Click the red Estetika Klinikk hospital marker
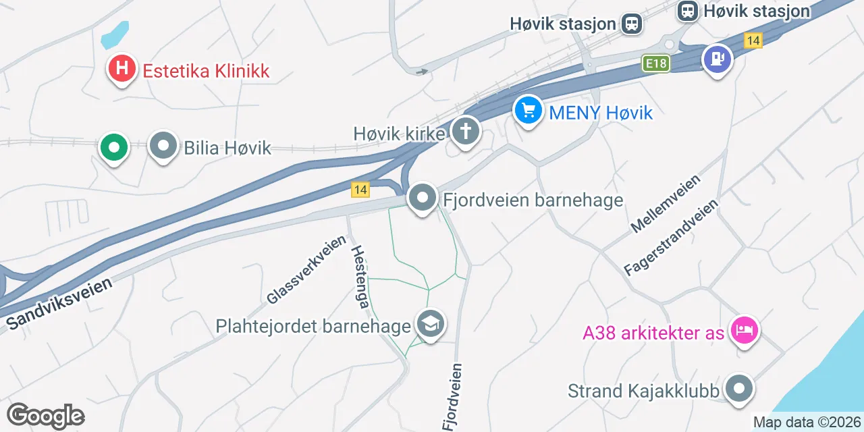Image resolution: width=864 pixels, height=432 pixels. [x=122, y=69]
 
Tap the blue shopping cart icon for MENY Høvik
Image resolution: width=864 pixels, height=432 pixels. [x=528, y=110]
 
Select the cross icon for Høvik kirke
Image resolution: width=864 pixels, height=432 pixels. [x=465, y=131]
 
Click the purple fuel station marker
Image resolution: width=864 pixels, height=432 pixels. [x=717, y=59]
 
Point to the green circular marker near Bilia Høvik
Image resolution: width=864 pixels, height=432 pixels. [x=114, y=146]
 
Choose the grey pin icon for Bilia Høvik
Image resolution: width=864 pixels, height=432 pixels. [x=163, y=146]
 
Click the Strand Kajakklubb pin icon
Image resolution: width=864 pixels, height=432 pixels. [x=739, y=389]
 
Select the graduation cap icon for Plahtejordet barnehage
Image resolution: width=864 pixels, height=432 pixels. [x=430, y=324]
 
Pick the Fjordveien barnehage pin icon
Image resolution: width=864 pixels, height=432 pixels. [x=423, y=198]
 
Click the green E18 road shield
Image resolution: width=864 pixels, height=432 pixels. [x=655, y=63]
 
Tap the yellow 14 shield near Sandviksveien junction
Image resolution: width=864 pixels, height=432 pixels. [x=360, y=190]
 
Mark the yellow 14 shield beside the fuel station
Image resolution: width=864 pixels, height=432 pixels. [x=753, y=40]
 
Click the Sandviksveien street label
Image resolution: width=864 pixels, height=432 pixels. [x=59, y=304]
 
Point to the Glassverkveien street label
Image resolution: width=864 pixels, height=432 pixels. [x=306, y=269]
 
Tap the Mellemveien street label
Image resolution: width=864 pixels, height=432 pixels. [x=666, y=203]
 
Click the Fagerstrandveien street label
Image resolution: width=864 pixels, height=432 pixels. [x=671, y=237]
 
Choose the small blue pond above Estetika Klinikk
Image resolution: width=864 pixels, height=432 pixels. [x=115, y=34]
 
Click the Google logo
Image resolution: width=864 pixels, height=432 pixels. [x=45, y=416]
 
